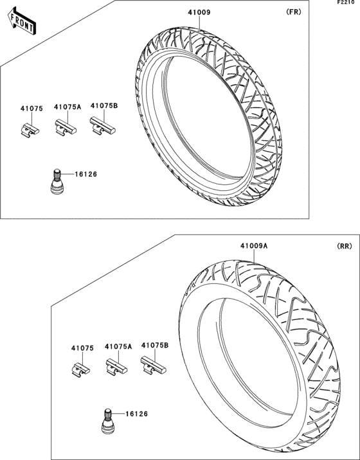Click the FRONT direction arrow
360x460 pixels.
pyautogui.click(x=22, y=21)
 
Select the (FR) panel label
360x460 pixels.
pyautogui.click(x=293, y=12)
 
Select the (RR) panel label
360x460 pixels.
pyautogui.click(x=344, y=247)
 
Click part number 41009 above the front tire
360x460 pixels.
pyautogui.click(x=199, y=12)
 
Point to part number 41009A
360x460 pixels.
pyautogui.click(x=254, y=246)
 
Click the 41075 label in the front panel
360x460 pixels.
pyautogui.click(x=32, y=109)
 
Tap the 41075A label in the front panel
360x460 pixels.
pyautogui.click(x=67, y=107)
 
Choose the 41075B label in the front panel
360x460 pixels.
pyautogui.click(x=104, y=105)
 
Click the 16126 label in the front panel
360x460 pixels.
pyautogui.click(x=85, y=174)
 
